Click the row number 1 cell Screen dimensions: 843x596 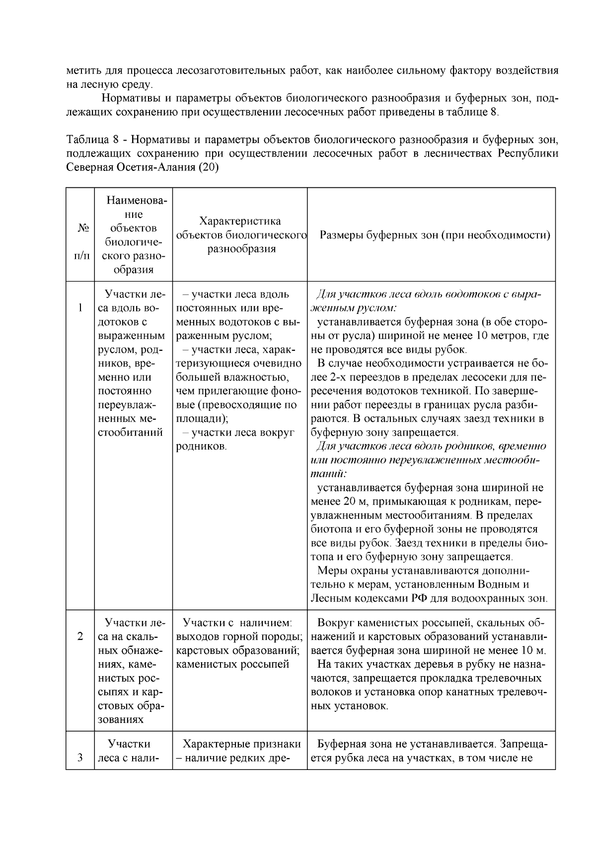click(80, 308)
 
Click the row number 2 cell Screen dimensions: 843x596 click(80, 637)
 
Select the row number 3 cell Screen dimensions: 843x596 click(80, 758)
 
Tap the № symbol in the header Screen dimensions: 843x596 click(82, 228)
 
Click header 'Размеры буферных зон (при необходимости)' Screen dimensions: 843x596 click(435, 235)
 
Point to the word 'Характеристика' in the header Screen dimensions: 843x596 click(239, 221)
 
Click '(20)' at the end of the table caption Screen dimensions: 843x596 click(209, 167)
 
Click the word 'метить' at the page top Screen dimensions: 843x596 click(82, 70)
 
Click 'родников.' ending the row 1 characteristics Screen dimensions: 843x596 click(201, 447)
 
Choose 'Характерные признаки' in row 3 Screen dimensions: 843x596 click(241, 744)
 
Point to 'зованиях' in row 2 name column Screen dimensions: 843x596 click(121, 720)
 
